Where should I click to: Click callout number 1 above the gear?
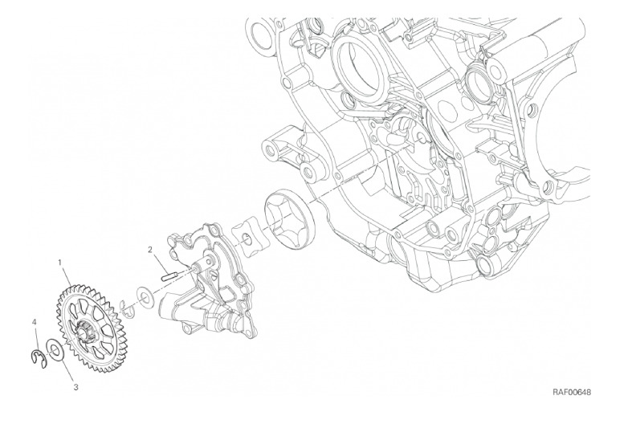[x=59, y=263]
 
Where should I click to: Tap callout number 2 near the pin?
[x=150, y=251]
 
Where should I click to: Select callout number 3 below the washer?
[x=75, y=387]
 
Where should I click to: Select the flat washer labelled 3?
[x=55, y=350]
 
